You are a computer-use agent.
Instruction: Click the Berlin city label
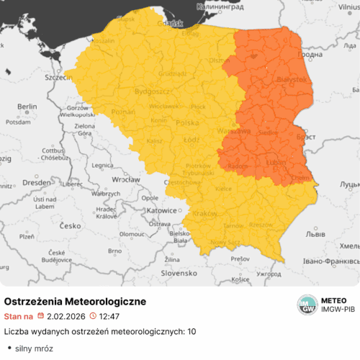coord(27,107)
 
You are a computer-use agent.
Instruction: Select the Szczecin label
coord(56,76)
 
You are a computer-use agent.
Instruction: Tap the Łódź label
coord(192,139)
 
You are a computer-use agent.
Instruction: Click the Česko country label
coord(70,225)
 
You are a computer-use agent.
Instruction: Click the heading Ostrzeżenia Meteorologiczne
coord(76,300)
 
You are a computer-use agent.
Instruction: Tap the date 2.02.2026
coord(66,315)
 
